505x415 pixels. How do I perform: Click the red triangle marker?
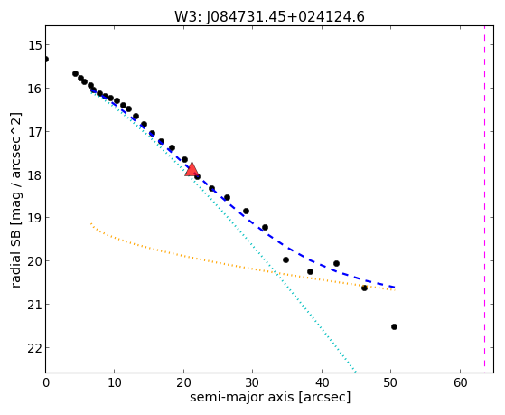pyautogui.click(x=192, y=170)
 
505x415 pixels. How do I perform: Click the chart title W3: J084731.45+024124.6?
pyautogui.click(x=269, y=17)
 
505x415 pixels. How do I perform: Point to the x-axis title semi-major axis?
pyautogui.click(x=242, y=396)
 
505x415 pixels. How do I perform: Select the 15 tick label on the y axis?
pyautogui.click(x=34, y=45)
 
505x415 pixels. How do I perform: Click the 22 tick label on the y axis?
pyautogui.click(x=34, y=348)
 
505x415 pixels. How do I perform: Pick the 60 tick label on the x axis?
pyautogui.click(x=460, y=382)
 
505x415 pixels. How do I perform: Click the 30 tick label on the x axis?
pyautogui.click(x=253, y=382)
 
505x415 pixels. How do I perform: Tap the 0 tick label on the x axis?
pyautogui.click(x=46, y=382)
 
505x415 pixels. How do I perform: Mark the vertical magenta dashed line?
pyautogui.click(x=484, y=196)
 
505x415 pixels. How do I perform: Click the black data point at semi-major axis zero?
pyautogui.click(x=46, y=60)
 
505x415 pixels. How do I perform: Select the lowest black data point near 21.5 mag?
pyautogui.click(x=394, y=327)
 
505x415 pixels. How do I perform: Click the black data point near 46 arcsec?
pyautogui.click(x=364, y=288)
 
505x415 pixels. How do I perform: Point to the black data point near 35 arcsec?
pyautogui.click(x=285, y=259)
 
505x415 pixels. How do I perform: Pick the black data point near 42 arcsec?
pyautogui.click(x=336, y=263)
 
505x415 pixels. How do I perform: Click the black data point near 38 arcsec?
pyautogui.click(x=310, y=272)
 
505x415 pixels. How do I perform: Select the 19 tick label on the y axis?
pyautogui.click(x=34, y=218)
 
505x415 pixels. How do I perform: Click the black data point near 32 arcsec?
pyautogui.click(x=265, y=227)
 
